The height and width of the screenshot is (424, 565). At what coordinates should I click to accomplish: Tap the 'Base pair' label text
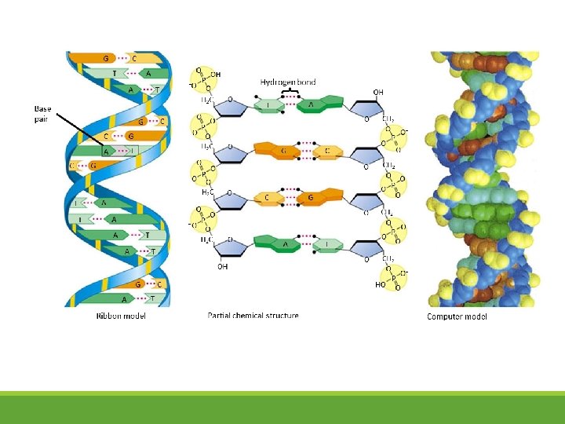pos(43,113)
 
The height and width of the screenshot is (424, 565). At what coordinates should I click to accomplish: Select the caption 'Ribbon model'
pos(121,316)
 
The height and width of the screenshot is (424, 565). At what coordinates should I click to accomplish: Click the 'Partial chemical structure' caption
pos(253,316)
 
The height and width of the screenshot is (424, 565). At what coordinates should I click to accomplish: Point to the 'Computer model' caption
pos(457,316)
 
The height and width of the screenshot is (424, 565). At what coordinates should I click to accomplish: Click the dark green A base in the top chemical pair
pos(316,104)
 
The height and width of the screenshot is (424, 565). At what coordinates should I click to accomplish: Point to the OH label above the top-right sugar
pos(378,92)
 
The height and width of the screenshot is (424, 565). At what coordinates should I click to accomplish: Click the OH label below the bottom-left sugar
pos(222,266)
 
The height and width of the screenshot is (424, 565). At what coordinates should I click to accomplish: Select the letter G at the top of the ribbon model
pos(105,58)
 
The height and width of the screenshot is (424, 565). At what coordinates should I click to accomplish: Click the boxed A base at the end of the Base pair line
pos(105,151)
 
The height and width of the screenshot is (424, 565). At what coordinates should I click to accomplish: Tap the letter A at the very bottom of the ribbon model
pos(125,298)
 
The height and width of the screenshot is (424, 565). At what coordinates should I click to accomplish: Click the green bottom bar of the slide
pos(282,408)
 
